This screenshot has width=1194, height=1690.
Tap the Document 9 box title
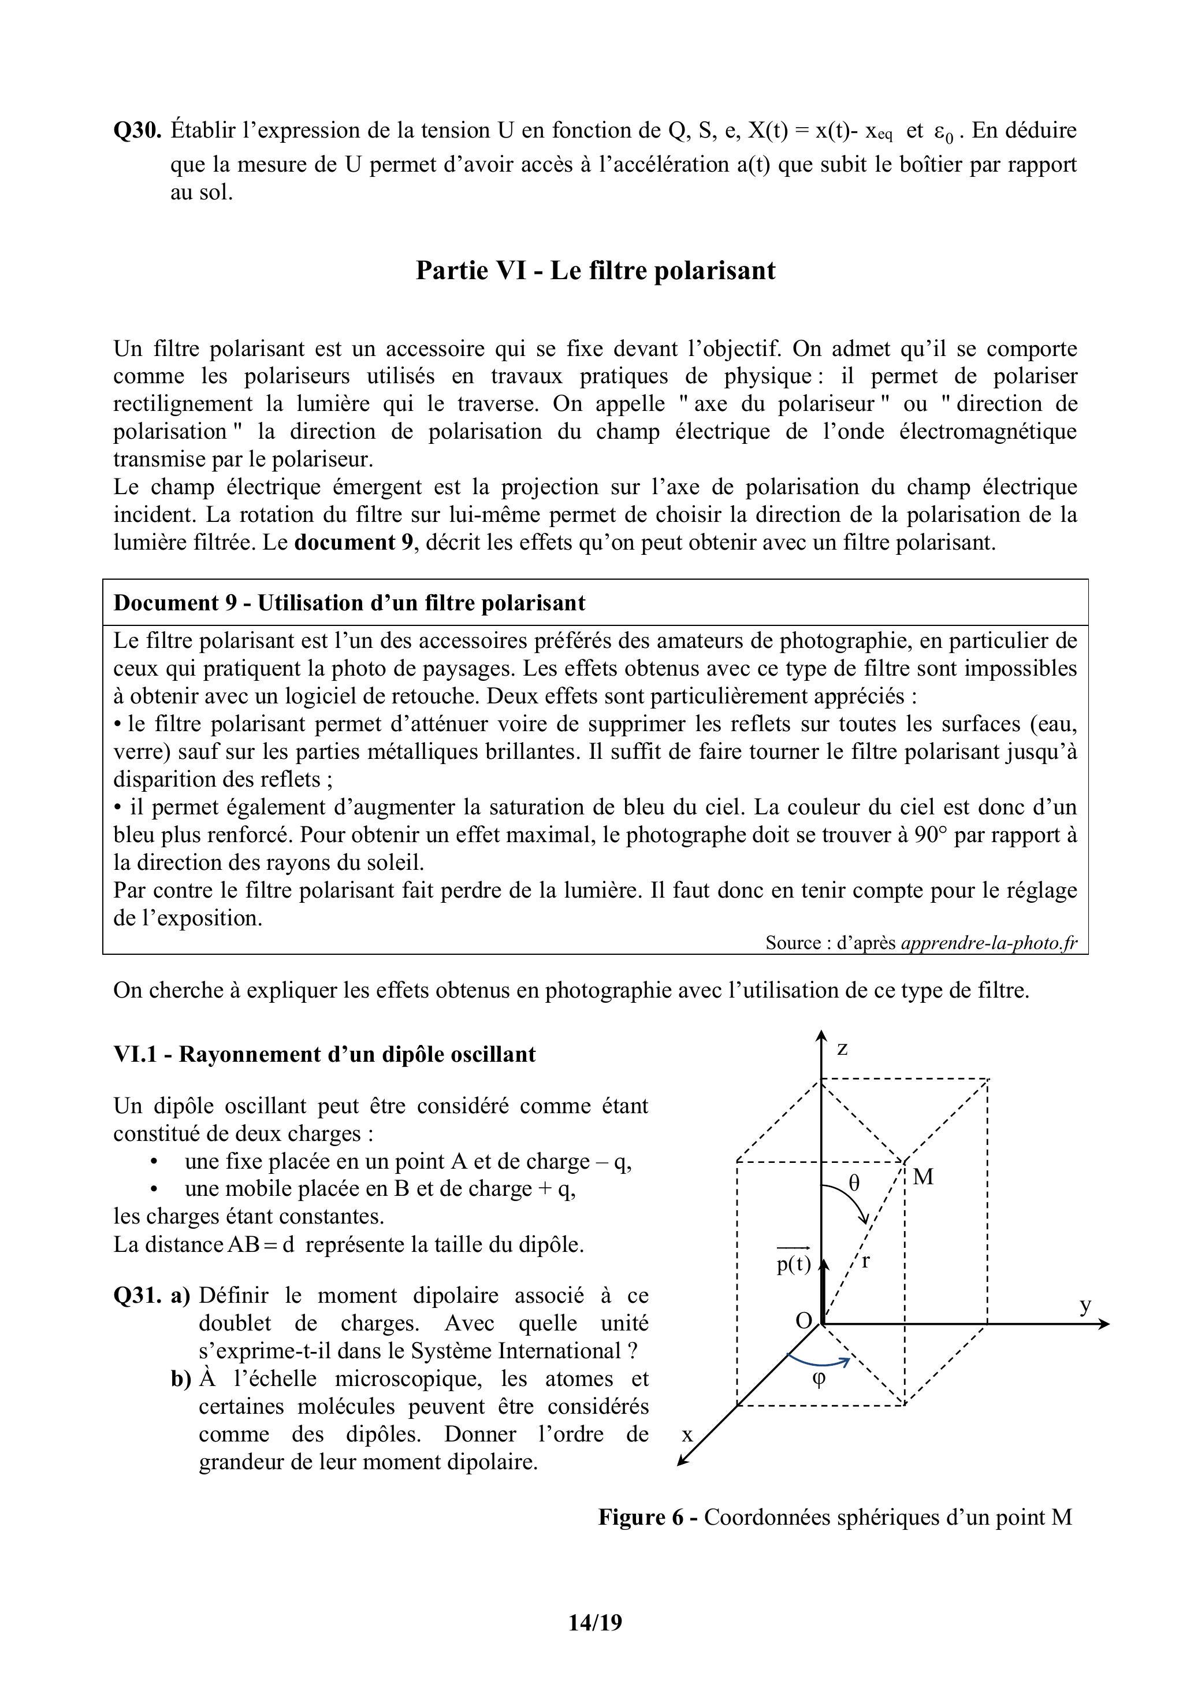pos(349,603)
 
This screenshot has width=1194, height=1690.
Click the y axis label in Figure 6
pos(1085,1305)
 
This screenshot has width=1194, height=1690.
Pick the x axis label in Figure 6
pos(688,1434)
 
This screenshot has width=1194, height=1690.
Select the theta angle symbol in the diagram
pos(853,1183)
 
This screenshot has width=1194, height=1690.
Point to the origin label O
pos(804,1321)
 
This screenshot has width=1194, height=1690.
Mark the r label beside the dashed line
pos(866,1261)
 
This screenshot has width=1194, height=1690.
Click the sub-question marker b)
pos(181,1378)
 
